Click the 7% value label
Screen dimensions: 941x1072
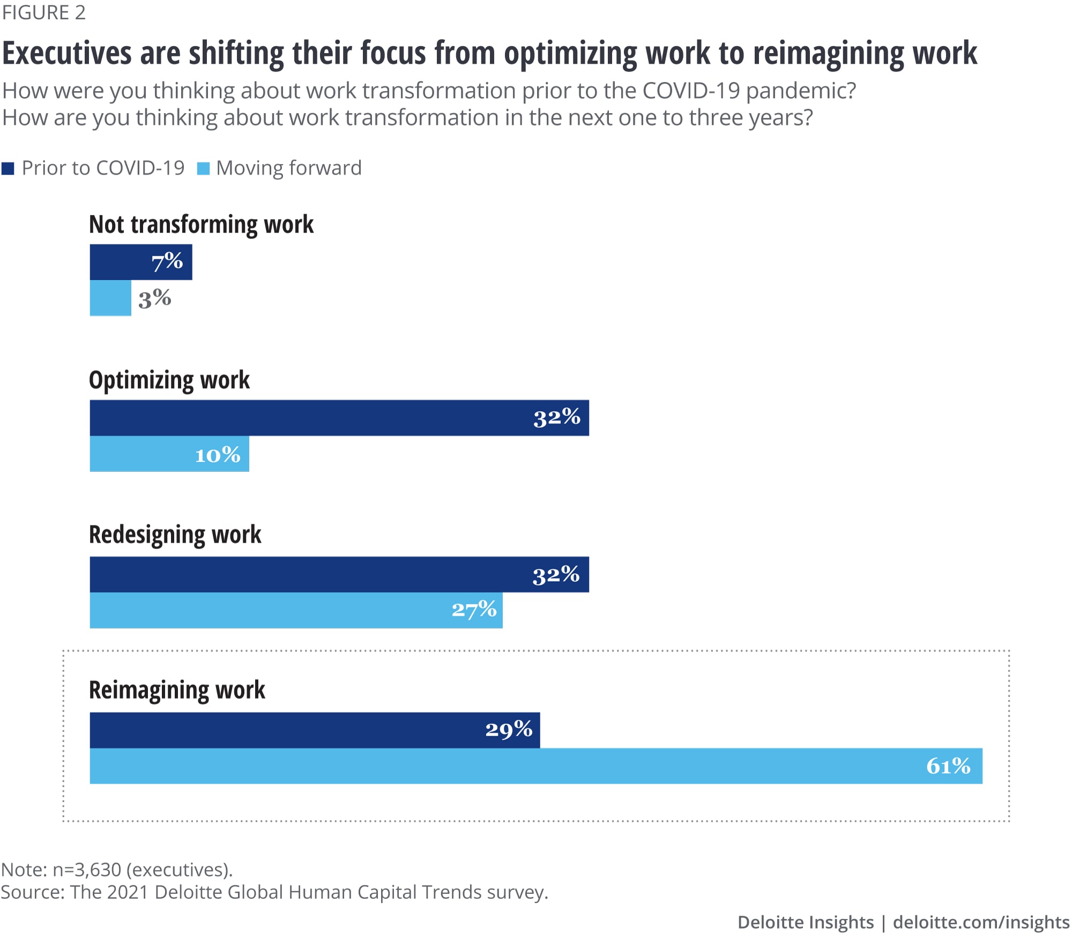(167, 262)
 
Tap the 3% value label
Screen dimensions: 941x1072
(154, 299)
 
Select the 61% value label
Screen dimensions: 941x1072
(948, 766)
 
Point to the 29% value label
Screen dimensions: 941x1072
(509, 730)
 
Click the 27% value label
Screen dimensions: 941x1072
(474, 610)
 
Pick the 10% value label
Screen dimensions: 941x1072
(217, 455)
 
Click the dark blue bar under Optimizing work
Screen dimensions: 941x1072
(311, 418)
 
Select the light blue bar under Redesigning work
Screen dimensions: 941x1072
(268, 610)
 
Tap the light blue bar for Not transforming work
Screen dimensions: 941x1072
(110, 298)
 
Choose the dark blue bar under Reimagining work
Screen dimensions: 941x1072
(284, 730)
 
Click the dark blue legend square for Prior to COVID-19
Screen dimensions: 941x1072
(8, 169)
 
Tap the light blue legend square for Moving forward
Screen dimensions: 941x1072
(203, 169)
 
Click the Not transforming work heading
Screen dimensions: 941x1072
(201, 224)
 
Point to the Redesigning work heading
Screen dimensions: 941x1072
(175, 535)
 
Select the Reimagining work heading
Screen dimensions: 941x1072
(177, 690)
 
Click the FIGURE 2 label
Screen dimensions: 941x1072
(44, 13)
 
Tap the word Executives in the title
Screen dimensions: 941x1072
(67, 54)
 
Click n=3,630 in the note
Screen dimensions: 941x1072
(87, 869)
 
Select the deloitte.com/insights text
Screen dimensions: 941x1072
(981, 922)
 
